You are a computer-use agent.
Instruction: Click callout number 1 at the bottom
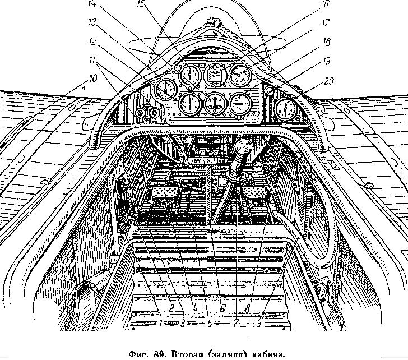pos(161,324)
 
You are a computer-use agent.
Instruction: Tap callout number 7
pos(236,324)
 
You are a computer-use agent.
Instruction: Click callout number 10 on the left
pos(93,79)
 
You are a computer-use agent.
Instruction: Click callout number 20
pos(329,81)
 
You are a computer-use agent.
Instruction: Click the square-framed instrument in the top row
pos(214,75)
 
